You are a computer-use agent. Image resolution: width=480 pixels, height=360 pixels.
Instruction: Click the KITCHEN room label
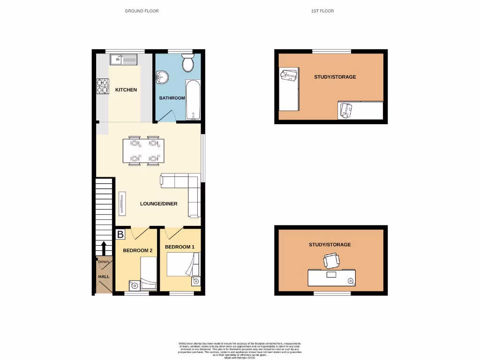click(126, 90)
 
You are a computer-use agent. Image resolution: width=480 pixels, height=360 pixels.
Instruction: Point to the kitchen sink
click(123, 60)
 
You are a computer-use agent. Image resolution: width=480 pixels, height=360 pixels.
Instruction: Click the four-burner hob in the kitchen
click(103, 86)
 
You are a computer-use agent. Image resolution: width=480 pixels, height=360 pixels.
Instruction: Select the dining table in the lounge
click(143, 151)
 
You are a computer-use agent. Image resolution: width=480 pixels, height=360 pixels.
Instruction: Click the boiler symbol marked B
click(120, 233)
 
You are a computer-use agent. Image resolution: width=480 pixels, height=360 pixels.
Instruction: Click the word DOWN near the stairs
click(104, 262)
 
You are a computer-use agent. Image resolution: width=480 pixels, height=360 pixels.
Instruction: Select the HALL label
click(104, 277)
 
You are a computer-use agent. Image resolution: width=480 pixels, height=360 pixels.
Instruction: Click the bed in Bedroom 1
click(183, 265)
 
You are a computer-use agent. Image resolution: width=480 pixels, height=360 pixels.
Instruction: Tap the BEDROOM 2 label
click(138, 250)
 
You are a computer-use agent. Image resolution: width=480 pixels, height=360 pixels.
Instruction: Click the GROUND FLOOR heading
click(142, 11)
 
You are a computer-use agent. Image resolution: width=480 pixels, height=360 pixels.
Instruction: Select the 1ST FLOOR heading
click(322, 11)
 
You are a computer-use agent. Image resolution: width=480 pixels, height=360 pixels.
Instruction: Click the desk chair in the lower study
click(331, 261)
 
